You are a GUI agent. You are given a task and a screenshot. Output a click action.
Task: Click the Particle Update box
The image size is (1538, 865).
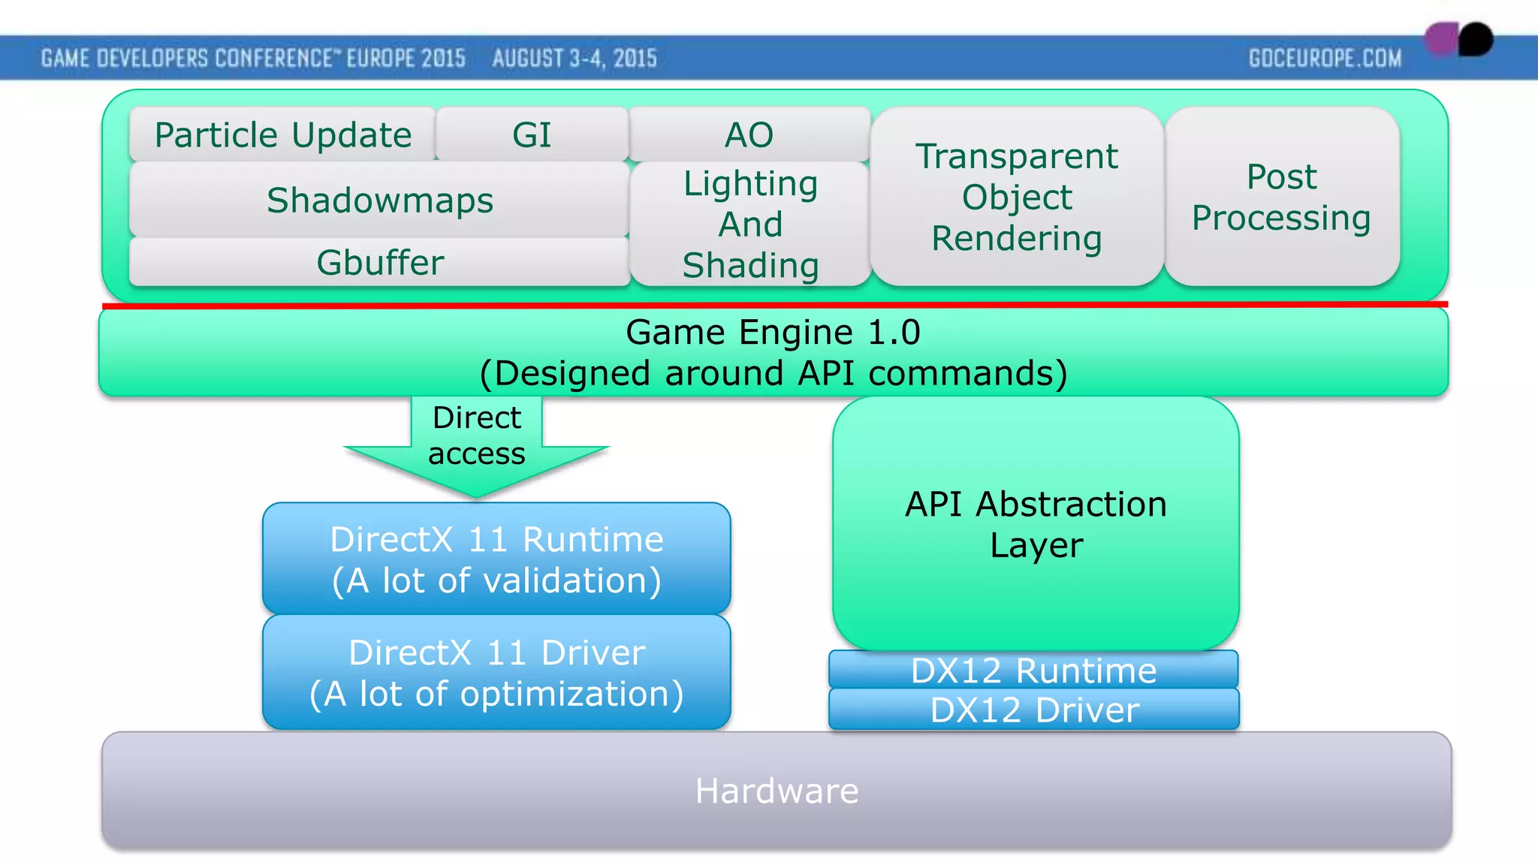click(282, 135)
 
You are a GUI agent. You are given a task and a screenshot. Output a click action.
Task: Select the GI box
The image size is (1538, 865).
click(532, 135)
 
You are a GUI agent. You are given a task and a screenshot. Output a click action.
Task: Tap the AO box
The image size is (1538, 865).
click(749, 135)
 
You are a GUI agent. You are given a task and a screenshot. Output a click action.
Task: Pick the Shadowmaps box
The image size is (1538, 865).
click(379, 200)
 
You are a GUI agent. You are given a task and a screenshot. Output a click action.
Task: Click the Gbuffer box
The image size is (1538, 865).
click(379, 262)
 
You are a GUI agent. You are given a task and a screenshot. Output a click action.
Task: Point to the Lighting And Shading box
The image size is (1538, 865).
click(750, 224)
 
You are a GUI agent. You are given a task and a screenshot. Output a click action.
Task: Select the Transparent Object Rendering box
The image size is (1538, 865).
click(1016, 197)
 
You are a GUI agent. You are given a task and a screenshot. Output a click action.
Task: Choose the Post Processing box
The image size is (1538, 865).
click(1281, 197)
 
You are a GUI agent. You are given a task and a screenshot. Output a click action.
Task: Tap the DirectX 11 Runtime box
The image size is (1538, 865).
click(496, 559)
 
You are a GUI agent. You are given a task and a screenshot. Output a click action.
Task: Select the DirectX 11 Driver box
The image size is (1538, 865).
click(496, 673)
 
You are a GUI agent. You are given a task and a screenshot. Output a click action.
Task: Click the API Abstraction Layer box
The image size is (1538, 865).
click(1036, 524)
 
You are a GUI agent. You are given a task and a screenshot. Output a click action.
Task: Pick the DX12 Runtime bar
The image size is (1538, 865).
click(1033, 670)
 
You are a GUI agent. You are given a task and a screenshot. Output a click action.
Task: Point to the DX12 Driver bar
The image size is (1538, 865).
click(1033, 710)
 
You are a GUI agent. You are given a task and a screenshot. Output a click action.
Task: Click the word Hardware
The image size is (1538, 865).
click(777, 791)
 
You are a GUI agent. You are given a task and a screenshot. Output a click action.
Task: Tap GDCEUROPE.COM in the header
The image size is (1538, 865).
click(1325, 58)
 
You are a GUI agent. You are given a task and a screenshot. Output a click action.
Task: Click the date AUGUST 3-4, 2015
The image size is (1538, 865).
click(574, 58)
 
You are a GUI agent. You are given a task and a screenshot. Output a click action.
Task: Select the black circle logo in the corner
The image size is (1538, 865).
click(1475, 39)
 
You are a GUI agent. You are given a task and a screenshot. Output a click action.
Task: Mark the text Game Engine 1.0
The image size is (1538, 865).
click(773, 332)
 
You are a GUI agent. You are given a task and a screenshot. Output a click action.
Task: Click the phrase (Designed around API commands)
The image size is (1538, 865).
click(773, 373)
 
